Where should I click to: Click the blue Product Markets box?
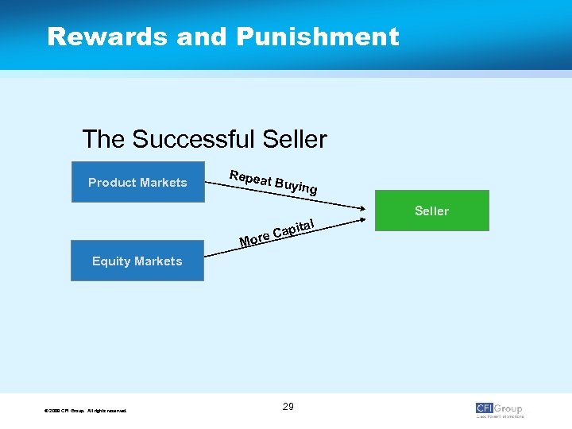pyautogui.click(x=137, y=182)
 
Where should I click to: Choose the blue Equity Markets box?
pyautogui.click(x=137, y=261)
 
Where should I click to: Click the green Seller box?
pyautogui.click(x=431, y=211)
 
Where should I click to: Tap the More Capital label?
pyautogui.click(x=278, y=231)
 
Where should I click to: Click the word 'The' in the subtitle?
pyautogui.click(x=103, y=140)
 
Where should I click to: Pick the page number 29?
pyautogui.click(x=288, y=407)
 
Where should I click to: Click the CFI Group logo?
pyautogui.click(x=499, y=409)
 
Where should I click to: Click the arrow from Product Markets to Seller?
pyautogui.click(x=350, y=201)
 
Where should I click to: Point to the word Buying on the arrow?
pyautogui.click(x=296, y=187)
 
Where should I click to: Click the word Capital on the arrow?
pyautogui.click(x=295, y=228)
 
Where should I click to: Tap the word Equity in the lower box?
pyautogui.click(x=111, y=261)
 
